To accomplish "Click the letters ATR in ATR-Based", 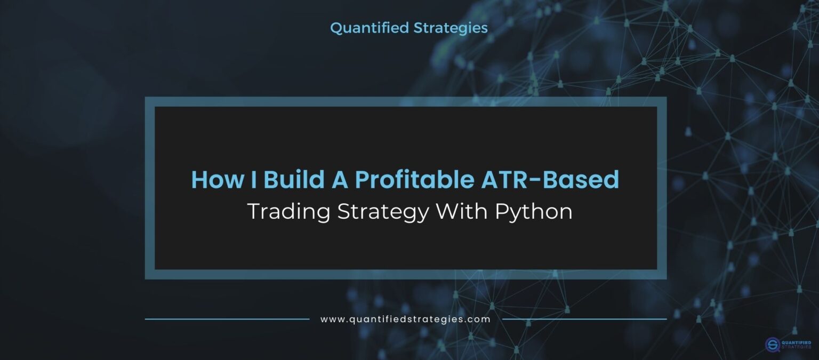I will coord(499,180).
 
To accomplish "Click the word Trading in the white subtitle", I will coord(288,212).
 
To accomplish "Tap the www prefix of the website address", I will coord(331,319).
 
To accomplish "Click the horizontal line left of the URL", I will coord(227,319).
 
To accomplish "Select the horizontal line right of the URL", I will coord(584,319).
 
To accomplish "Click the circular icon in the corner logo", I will coord(773,344).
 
